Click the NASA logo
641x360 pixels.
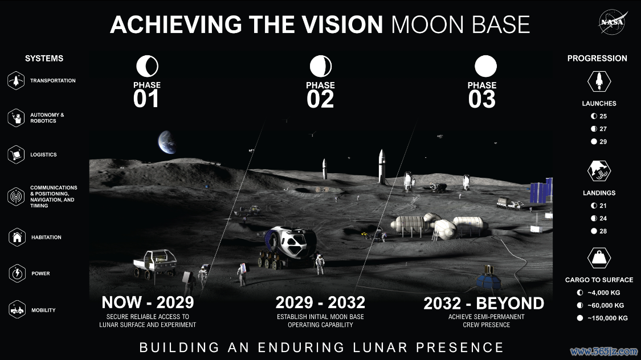point(612,22)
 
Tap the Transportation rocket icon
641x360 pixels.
point(16,80)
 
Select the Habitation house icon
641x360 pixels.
point(17,237)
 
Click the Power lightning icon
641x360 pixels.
point(17,273)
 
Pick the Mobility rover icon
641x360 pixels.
point(17,310)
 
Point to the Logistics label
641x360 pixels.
point(43,154)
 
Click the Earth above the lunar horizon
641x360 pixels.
point(167,142)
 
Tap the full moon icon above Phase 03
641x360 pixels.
point(485,66)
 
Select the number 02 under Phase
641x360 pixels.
point(320,99)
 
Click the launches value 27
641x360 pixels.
point(603,129)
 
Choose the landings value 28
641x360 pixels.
point(603,231)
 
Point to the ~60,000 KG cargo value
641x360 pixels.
point(606,305)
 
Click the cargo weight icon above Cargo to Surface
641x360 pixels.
point(599,258)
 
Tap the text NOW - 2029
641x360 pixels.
point(148,302)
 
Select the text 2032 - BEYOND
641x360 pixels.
point(484,304)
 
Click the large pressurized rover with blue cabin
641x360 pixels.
point(288,247)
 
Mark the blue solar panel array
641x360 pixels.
point(541,190)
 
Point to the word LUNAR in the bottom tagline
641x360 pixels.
point(380,347)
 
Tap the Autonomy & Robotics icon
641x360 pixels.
point(16,118)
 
